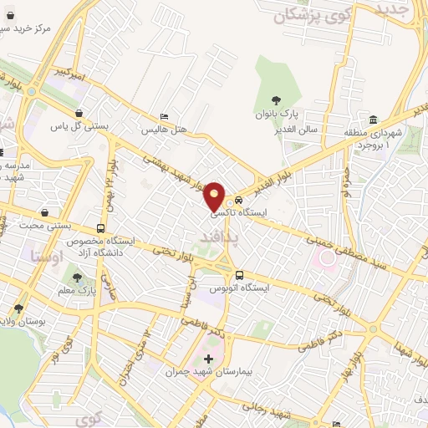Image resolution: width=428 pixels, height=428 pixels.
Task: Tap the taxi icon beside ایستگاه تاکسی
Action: [239, 201]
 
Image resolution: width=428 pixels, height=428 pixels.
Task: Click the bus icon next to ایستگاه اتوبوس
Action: [240, 275]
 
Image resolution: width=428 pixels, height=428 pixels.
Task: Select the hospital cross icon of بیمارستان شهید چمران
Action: [208, 359]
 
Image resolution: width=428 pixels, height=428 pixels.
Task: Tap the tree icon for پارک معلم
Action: [78, 277]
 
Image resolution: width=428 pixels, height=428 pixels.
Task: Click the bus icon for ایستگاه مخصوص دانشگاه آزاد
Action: [101, 228]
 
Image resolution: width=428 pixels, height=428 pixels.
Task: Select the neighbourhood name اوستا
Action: [43, 252]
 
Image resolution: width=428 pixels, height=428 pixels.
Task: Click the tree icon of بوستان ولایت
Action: [18, 308]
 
